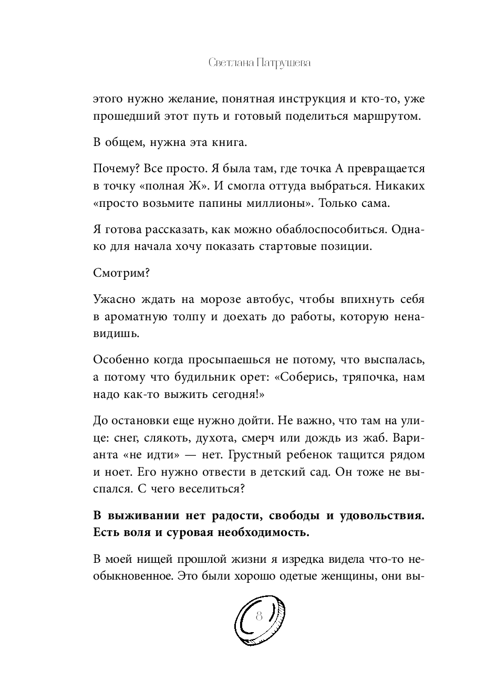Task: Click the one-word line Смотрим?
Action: pos(115,272)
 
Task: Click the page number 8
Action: pos(258,617)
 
